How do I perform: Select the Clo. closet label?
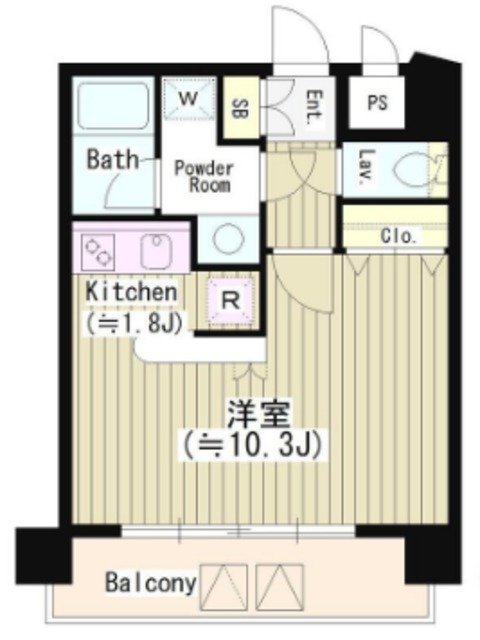[x=399, y=236]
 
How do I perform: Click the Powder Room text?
[x=203, y=176]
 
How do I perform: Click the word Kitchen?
[x=131, y=292]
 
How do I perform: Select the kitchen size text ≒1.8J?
[x=131, y=322]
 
